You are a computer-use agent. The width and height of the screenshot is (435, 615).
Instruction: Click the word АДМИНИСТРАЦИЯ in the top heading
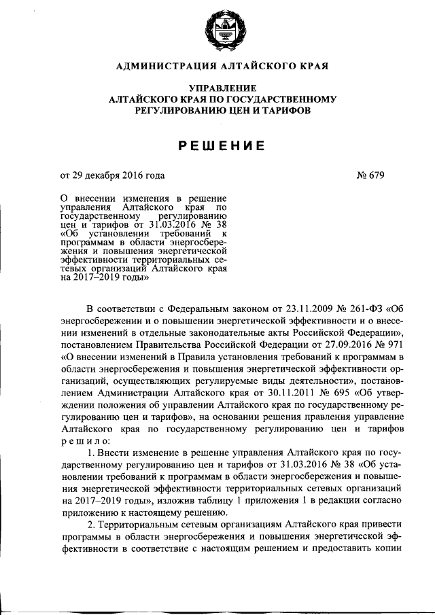point(160,67)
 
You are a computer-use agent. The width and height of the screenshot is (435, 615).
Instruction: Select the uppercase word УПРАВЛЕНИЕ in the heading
point(223,88)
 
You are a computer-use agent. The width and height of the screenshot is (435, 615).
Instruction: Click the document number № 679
point(370,175)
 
